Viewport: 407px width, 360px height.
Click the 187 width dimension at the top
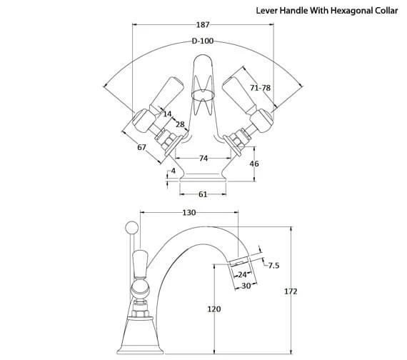point(203,25)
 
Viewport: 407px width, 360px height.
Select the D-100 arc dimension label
point(203,42)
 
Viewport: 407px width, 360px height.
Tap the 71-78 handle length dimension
point(261,87)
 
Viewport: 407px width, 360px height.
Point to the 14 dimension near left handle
point(166,114)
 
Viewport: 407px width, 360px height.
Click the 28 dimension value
point(179,125)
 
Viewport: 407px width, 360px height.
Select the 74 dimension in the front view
point(203,158)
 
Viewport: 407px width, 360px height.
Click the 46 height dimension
point(253,164)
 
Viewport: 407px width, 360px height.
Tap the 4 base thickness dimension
point(173,171)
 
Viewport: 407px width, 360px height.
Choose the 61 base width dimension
point(203,194)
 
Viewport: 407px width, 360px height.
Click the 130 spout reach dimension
point(189,213)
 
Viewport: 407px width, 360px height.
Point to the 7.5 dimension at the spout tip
point(273,266)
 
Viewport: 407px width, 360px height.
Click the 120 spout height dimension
point(213,309)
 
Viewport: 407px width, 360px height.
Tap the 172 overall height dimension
point(290,291)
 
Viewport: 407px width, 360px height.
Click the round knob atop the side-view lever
point(131,227)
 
